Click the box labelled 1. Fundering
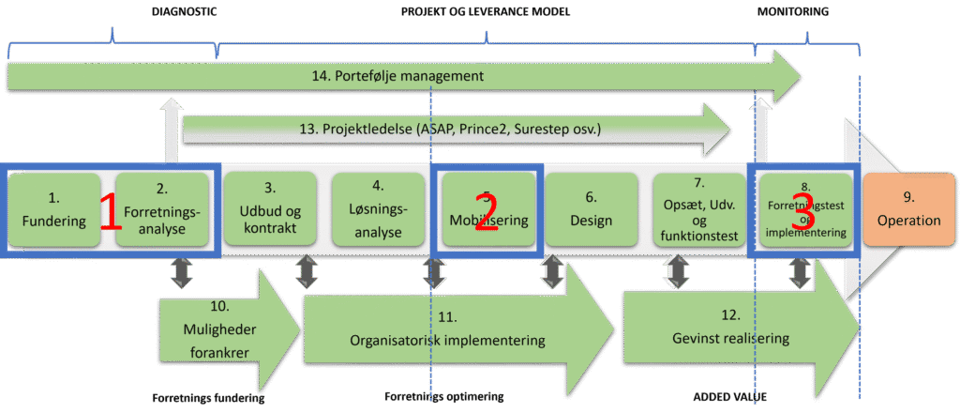point(53,210)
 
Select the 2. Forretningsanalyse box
point(162,210)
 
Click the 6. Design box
point(591,210)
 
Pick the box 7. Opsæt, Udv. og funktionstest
point(699,210)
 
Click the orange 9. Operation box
point(908,210)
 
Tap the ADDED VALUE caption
point(730,397)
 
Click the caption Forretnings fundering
point(208,397)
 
